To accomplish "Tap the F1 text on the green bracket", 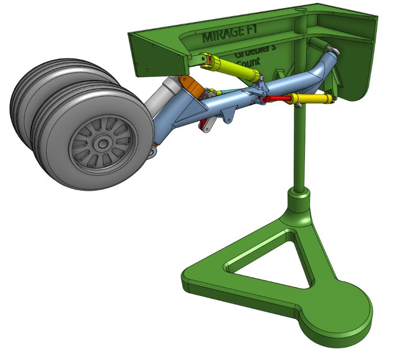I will point(253,33).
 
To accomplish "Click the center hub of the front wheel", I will point(102,144).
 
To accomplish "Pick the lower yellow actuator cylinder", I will point(312,100).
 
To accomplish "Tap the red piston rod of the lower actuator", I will point(277,100).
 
